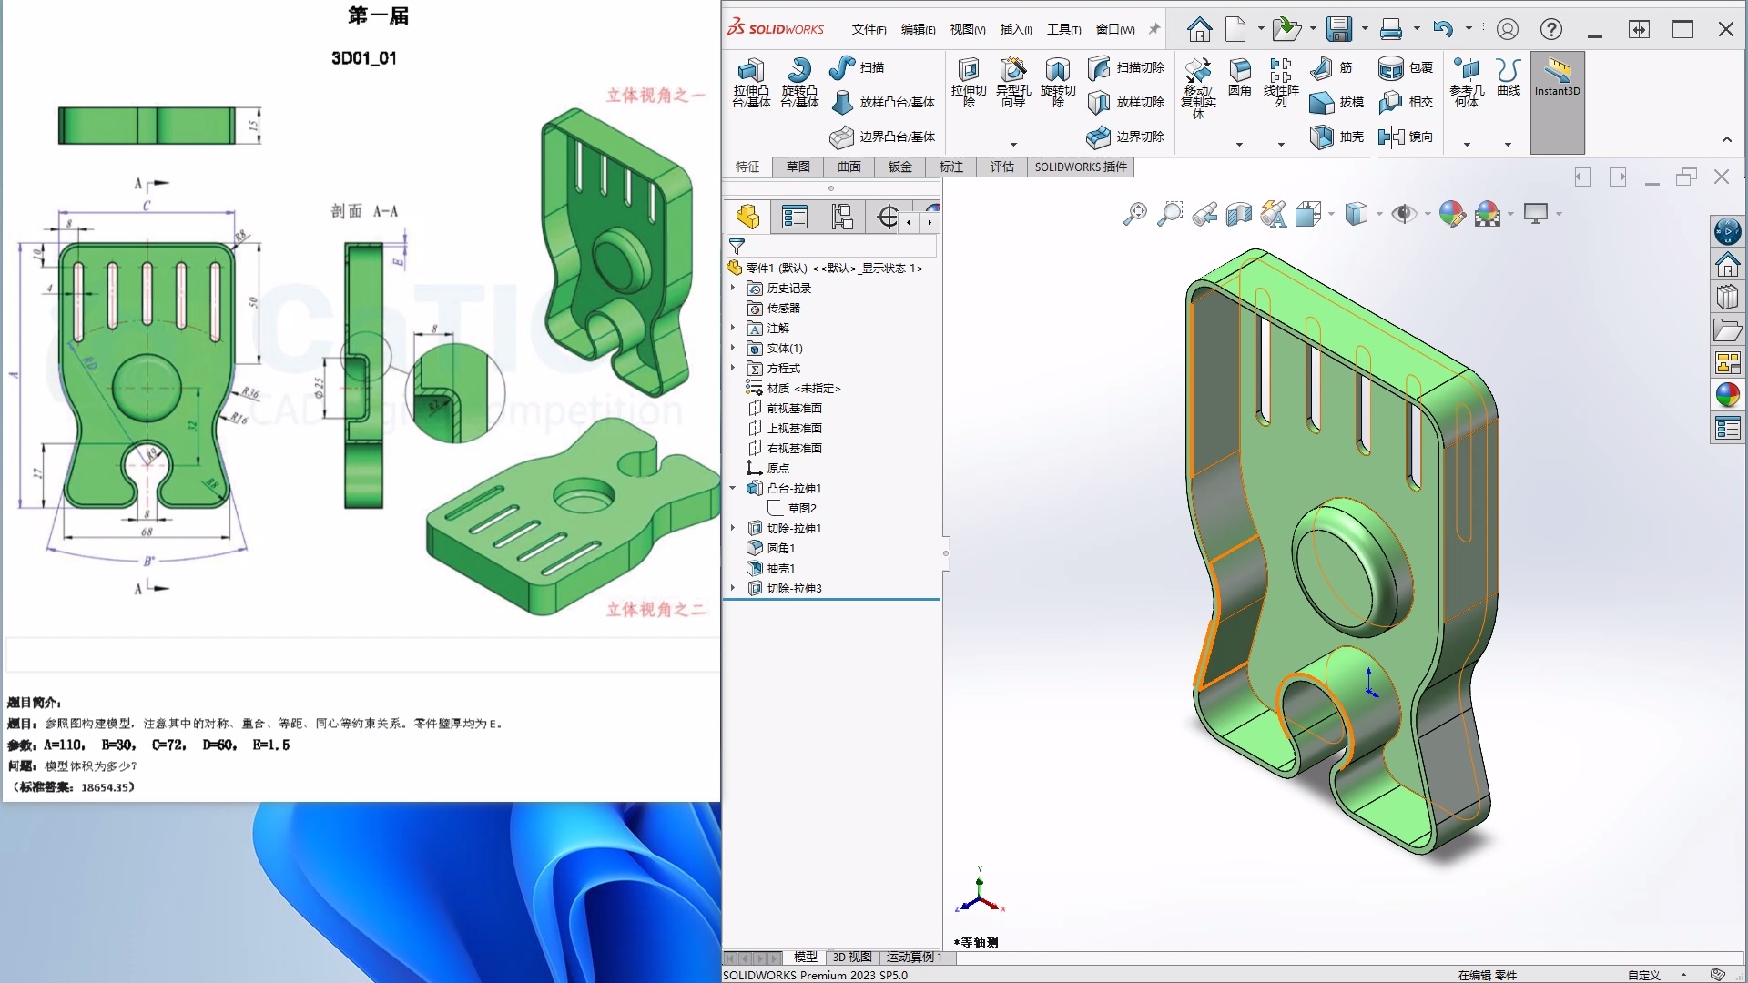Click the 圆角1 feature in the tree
pos(780,548)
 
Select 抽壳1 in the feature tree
pos(780,568)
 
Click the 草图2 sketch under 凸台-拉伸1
pos(801,508)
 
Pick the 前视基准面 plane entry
pos(794,408)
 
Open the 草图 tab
pos(798,167)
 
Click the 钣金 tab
pos(900,167)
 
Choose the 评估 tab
pos(1002,167)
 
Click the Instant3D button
pos(1557,77)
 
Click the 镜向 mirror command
pos(1407,137)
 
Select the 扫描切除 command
pos(1127,67)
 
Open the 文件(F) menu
pos(869,29)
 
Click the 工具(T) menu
pos(1063,29)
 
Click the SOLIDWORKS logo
pos(776,28)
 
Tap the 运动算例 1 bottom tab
pos(914,957)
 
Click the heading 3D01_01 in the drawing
pos(363,58)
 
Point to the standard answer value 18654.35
pos(107,787)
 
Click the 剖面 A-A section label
pos(364,211)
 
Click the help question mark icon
pos(1551,29)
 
